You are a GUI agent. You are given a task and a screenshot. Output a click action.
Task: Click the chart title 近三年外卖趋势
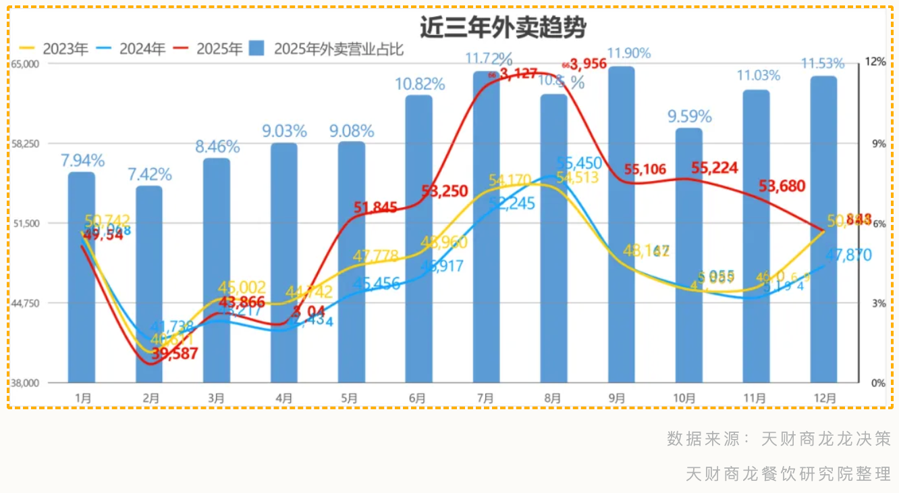pos(502,28)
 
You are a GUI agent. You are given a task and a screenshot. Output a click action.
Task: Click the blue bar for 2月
pos(148,284)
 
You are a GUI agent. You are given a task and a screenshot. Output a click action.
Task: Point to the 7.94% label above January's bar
pos(82,161)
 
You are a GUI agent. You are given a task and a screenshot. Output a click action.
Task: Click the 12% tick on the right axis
pos(876,62)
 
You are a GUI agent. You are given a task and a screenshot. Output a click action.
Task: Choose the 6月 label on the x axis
pos(417,398)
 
